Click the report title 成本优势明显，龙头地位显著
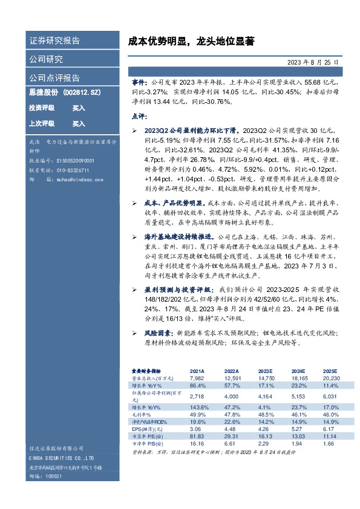point(191,42)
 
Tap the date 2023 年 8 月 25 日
point(312,62)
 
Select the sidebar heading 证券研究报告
point(54,41)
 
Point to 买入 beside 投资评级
point(79,108)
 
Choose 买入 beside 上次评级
point(79,123)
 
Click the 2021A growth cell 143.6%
point(198,407)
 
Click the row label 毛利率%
point(143,414)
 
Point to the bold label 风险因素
point(159,332)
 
